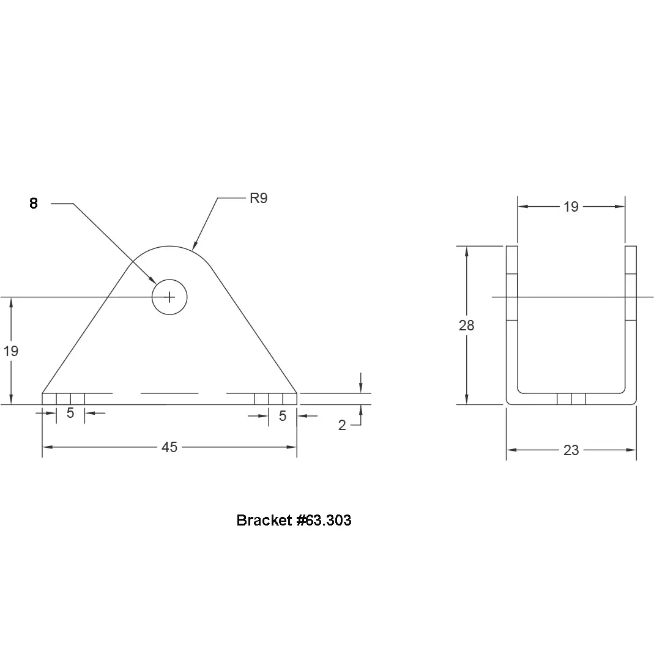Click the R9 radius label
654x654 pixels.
click(259, 198)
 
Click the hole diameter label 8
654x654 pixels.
click(34, 203)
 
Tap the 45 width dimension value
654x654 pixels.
click(169, 447)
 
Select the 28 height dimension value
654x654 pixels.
click(466, 325)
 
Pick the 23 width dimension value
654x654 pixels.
click(571, 450)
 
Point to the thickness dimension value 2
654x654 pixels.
click(342, 425)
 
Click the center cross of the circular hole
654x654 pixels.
click(169, 297)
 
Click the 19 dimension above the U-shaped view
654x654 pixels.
click(571, 206)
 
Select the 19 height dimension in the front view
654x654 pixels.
click(11, 351)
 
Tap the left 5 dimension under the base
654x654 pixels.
click(70, 413)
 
